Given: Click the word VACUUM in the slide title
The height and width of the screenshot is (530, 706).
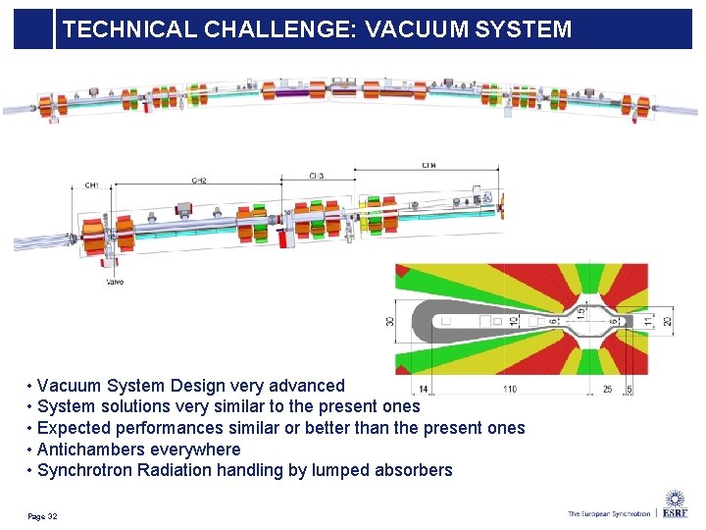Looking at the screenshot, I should (409, 29).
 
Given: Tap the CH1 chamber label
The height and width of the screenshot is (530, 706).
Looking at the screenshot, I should (91, 185).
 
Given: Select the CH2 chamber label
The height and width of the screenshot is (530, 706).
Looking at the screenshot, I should (199, 181).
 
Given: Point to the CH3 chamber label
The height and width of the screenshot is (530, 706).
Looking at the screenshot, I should (316, 176).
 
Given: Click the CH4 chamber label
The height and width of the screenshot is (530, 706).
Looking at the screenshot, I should (429, 166).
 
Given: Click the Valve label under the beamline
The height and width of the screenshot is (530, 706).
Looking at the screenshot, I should (115, 283).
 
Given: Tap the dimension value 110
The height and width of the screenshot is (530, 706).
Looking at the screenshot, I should (510, 390).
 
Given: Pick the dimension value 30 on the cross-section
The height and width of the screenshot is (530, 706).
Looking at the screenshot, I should (389, 321).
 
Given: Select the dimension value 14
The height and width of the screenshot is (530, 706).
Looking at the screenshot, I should (423, 390).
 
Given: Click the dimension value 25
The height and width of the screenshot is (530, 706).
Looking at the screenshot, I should (608, 390).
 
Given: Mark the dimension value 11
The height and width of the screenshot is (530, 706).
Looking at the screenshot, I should (647, 321).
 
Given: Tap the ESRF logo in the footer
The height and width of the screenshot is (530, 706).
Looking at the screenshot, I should (675, 506).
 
